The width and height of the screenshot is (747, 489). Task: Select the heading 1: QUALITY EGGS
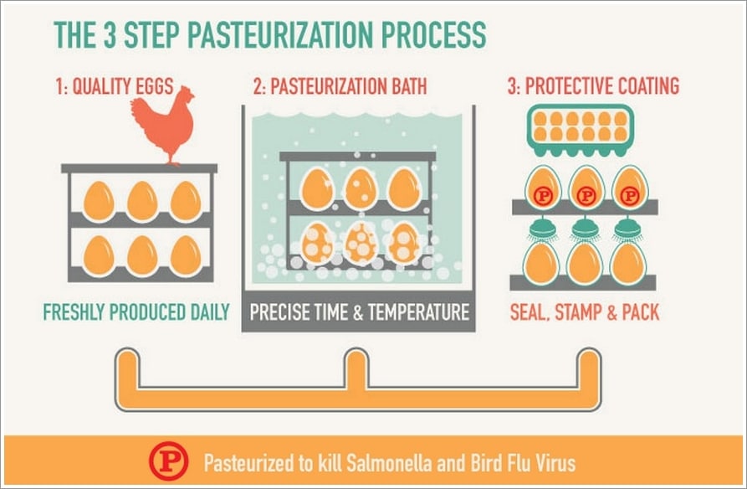tap(115, 86)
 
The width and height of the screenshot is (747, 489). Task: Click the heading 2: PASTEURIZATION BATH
tap(340, 86)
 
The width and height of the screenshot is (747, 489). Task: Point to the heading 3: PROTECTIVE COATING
tap(593, 86)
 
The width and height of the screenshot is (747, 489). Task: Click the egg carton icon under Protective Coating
tap(581, 131)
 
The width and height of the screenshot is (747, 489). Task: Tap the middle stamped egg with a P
tap(586, 188)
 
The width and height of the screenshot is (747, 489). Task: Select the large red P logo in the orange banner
tap(168, 461)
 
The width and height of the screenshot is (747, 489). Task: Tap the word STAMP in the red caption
tap(578, 312)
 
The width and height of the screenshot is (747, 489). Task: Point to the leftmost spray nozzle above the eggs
tap(542, 229)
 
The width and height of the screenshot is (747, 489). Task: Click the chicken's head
tap(186, 93)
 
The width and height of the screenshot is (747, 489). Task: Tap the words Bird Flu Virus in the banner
tap(523, 463)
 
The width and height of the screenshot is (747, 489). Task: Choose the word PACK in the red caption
tap(641, 312)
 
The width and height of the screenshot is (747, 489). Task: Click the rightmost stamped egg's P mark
tap(630, 196)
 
